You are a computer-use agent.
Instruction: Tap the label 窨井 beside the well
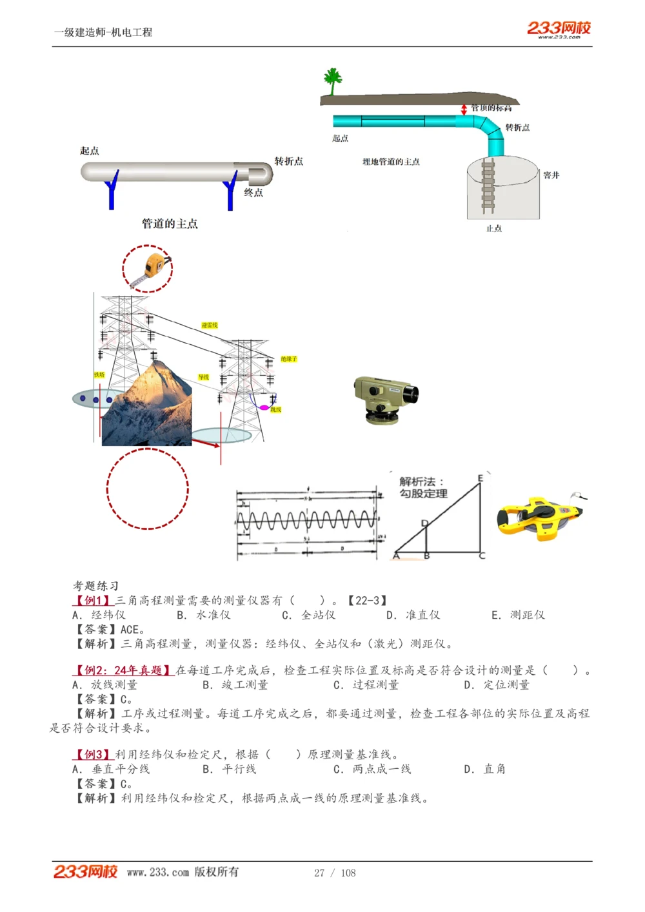(x=551, y=175)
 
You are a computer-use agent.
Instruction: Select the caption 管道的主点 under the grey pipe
(x=170, y=224)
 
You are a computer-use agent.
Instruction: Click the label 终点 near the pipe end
(x=253, y=193)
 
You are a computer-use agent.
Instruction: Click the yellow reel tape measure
(x=539, y=516)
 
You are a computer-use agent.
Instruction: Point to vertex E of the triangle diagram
(x=481, y=478)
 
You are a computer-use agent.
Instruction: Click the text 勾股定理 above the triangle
(x=423, y=494)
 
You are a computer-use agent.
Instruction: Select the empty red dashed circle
(x=147, y=489)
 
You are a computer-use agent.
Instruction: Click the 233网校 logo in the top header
(x=559, y=28)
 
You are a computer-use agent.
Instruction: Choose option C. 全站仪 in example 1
(x=309, y=615)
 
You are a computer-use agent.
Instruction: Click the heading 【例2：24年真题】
(x=123, y=670)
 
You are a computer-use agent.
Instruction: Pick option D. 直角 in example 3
(x=485, y=769)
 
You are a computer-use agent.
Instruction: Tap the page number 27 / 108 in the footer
(x=335, y=873)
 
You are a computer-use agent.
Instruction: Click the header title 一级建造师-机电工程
(x=103, y=32)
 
